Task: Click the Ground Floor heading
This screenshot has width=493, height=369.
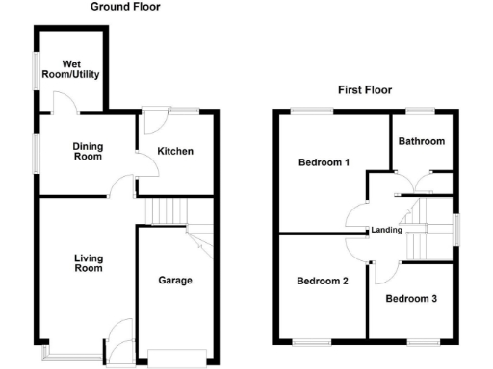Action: click(x=126, y=7)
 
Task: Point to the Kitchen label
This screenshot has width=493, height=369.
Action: click(x=175, y=151)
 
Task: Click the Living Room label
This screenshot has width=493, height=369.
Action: click(x=88, y=263)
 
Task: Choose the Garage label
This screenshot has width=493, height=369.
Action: click(x=175, y=281)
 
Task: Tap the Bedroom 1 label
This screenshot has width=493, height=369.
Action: click(x=323, y=162)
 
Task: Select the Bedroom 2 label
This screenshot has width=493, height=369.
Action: click(x=322, y=282)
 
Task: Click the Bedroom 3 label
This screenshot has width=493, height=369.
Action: click(x=411, y=299)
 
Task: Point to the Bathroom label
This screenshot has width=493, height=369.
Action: click(x=422, y=142)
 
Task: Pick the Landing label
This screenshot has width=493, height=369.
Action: click(x=386, y=230)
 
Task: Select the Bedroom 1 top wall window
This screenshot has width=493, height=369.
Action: click(x=313, y=111)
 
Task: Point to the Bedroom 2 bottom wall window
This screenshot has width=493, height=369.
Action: click(x=311, y=342)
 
